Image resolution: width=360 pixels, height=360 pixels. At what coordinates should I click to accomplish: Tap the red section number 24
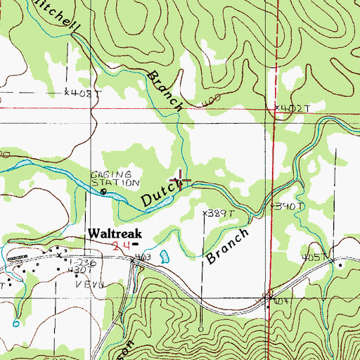pos(120,244)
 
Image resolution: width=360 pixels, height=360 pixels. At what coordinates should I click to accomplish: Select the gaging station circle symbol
pos(104,191)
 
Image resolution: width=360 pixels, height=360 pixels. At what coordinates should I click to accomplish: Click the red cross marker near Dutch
pos(180,179)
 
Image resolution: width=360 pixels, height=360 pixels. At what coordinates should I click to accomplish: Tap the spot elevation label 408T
pos(80,92)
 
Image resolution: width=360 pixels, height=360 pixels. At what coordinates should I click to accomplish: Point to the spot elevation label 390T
pos(289,206)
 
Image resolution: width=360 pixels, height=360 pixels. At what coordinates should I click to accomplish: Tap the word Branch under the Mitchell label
pos(165,91)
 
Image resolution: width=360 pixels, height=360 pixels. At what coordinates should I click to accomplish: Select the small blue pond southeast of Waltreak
pos(165,255)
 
